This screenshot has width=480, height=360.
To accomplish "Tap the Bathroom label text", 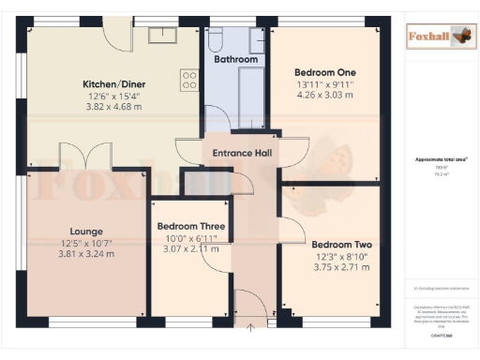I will pos(235,59).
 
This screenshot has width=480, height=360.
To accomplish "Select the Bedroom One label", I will pos(324,71).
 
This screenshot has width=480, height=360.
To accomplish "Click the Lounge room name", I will pos(85,231).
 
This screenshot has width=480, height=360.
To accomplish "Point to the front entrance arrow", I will pos(251,326).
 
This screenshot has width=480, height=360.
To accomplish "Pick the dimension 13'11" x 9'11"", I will pos(324,83).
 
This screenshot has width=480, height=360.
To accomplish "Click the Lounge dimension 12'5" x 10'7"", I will pos(85,243).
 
